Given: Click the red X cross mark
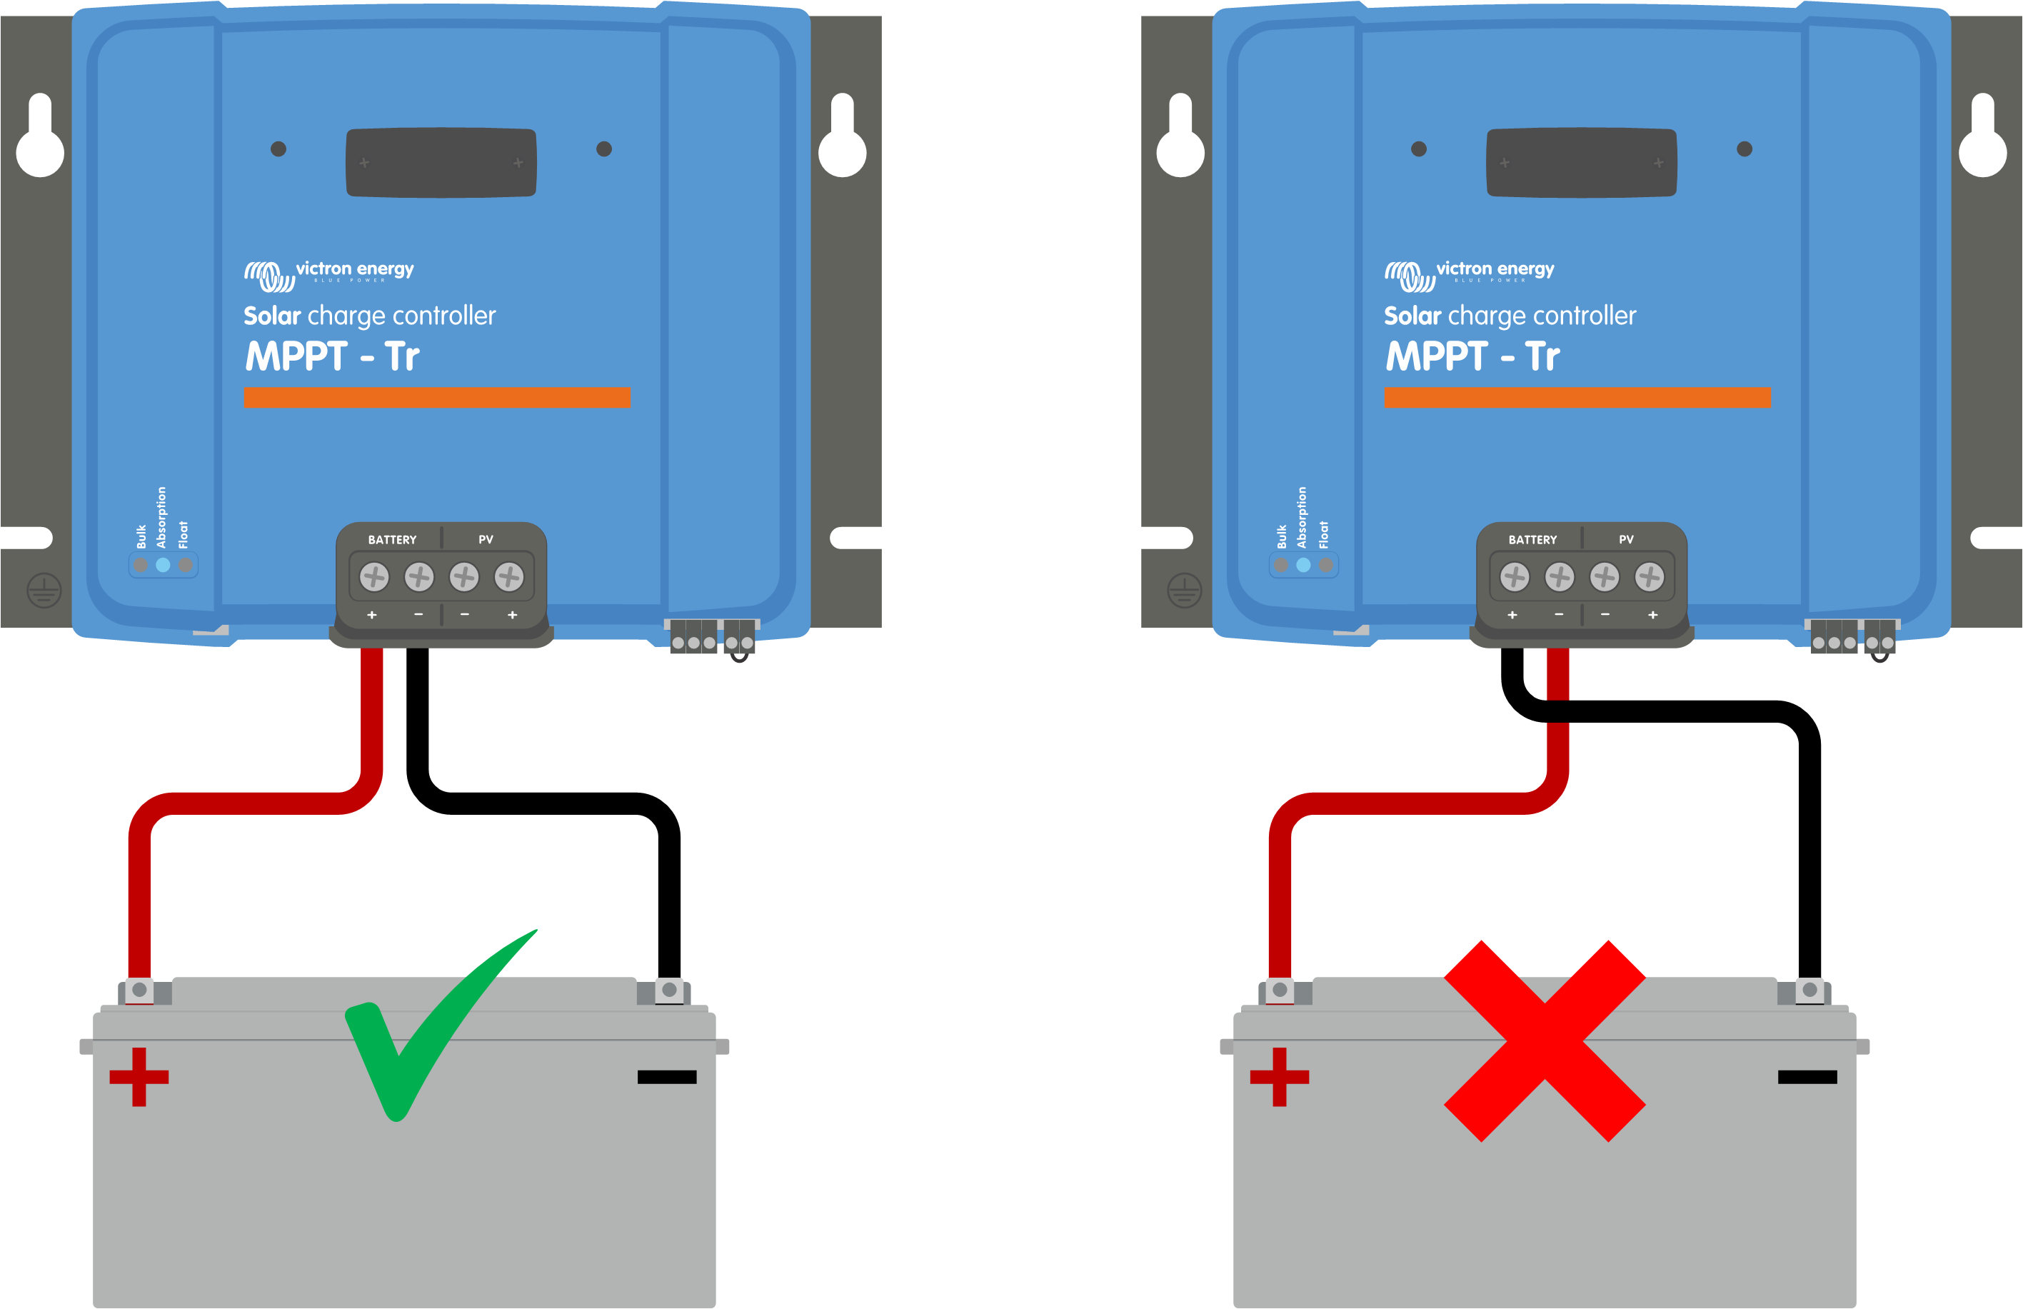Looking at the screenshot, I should [x=1545, y=1040].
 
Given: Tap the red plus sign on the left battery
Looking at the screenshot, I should [x=139, y=1077].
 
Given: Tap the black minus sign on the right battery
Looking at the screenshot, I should [x=1807, y=1077].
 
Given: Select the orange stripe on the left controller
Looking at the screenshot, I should [x=437, y=397].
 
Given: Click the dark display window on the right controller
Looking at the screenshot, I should [x=1581, y=162].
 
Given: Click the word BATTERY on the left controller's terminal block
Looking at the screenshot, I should [x=392, y=540].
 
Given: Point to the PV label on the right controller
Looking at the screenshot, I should [x=1626, y=540].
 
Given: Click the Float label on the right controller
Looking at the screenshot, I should [x=1323, y=535].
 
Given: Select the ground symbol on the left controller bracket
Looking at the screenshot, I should [x=44, y=590].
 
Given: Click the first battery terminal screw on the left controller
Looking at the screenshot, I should [x=374, y=577].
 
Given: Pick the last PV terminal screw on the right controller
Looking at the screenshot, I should [x=1650, y=577].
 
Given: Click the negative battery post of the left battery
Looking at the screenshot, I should [x=669, y=990].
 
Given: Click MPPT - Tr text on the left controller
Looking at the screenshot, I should [x=332, y=357].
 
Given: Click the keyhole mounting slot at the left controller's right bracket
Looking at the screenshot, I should [x=843, y=136].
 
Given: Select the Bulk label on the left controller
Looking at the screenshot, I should [x=141, y=536].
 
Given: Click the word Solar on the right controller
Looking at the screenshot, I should [x=1412, y=316].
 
